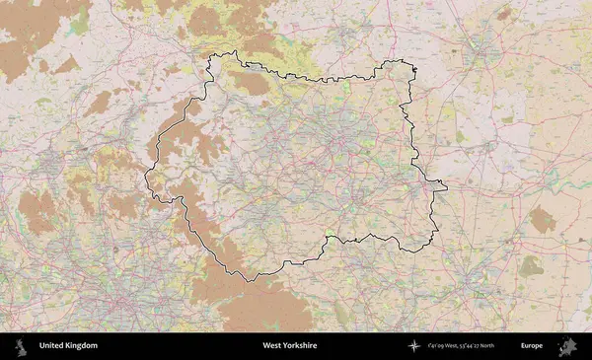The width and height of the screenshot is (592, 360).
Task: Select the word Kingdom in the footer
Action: point(82,346)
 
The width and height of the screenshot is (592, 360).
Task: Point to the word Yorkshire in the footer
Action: point(300,346)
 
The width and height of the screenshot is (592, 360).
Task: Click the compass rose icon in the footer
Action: point(414,346)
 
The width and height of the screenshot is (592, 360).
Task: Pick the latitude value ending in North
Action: point(489,346)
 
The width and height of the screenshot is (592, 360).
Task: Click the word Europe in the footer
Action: point(532,346)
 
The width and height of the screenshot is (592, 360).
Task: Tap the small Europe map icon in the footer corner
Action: point(567,346)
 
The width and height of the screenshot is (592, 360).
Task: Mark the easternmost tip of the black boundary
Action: point(447,184)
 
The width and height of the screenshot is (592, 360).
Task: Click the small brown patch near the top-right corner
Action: point(503,13)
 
